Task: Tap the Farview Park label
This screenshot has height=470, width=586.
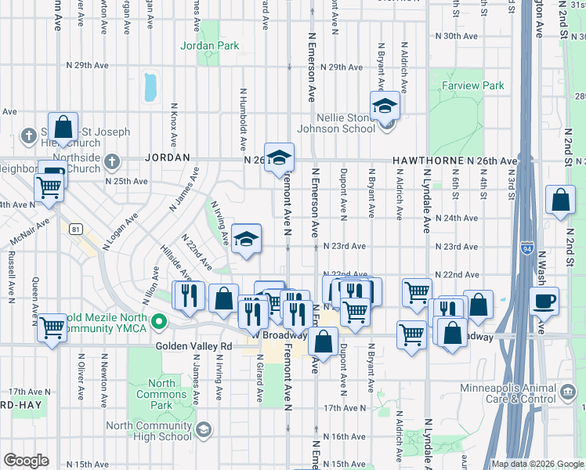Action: point(472,85)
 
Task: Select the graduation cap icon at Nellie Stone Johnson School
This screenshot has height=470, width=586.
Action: point(385,106)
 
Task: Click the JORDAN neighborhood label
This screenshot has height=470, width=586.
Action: point(168,157)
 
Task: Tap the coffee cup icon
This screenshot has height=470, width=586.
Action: point(544,302)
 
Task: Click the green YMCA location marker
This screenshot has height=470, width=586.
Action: point(159,321)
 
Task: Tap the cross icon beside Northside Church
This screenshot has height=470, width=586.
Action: point(111,162)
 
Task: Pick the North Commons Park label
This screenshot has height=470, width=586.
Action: point(161,389)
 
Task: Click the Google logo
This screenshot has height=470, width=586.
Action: point(26,461)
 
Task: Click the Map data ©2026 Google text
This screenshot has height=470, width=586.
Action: point(537,464)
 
